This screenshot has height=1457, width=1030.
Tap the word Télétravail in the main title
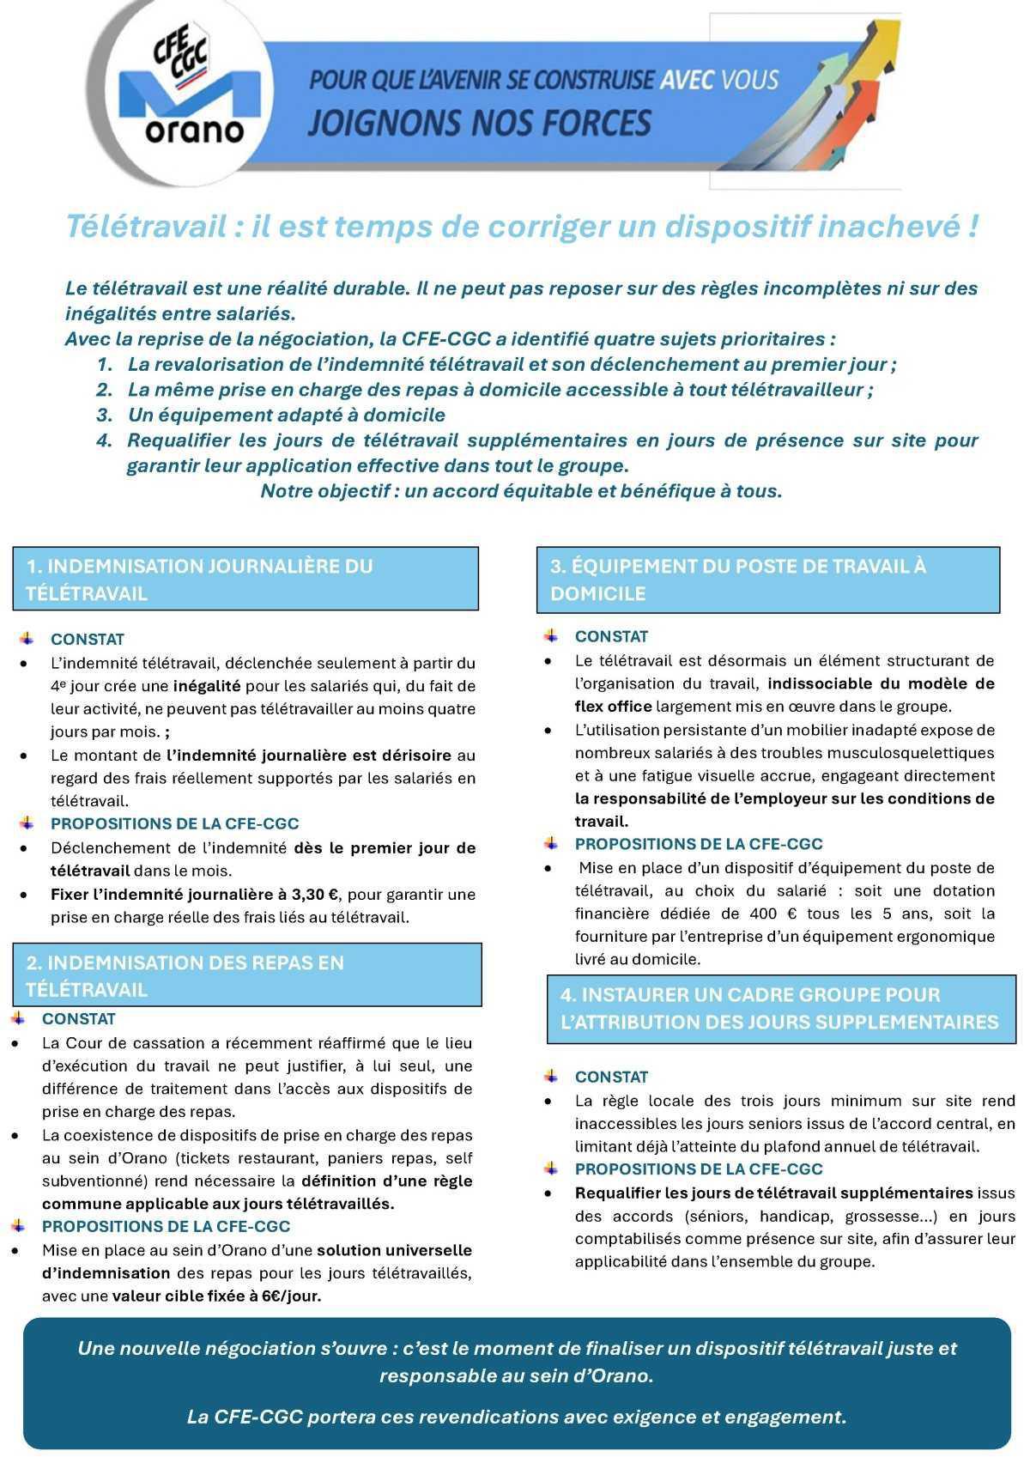pyautogui.click(x=147, y=227)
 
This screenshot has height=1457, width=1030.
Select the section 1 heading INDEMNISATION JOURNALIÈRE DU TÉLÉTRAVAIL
pyautogui.click(x=245, y=580)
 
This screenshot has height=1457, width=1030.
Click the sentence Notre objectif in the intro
pyautogui.click(x=521, y=491)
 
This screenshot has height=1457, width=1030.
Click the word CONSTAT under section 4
pyautogui.click(x=611, y=1077)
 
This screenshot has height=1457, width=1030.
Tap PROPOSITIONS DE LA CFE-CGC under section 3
pyautogui.click(x=698, y=844)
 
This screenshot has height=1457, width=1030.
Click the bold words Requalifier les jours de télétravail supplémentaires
pyautogui.click(x=773, y=1193)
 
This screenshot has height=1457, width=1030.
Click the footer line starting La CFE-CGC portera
pyautogui.click(x=516, y=1417)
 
